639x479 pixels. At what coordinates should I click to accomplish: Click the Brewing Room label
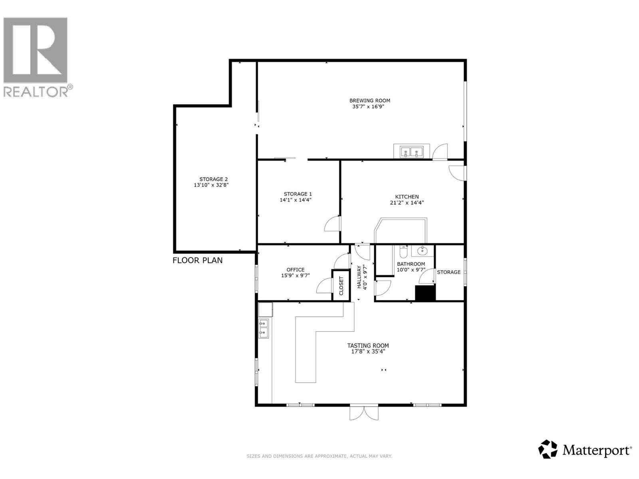369,101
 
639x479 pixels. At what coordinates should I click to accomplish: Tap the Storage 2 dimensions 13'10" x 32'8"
211,185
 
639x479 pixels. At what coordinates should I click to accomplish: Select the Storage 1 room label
295,194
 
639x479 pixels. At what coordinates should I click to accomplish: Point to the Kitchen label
407,197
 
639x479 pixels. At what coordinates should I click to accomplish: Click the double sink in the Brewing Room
411,152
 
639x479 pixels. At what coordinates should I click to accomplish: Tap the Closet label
341,285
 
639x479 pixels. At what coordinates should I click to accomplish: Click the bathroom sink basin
423,251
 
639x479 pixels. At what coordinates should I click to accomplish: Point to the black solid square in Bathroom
425,293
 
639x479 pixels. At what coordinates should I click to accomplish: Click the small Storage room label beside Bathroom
448,272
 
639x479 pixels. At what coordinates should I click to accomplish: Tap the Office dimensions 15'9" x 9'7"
295,275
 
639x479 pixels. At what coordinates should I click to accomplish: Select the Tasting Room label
368,346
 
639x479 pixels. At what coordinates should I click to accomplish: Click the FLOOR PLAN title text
197,261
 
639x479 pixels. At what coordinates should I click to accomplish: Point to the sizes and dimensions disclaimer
319,456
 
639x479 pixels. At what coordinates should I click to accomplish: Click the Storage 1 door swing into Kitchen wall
333,224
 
